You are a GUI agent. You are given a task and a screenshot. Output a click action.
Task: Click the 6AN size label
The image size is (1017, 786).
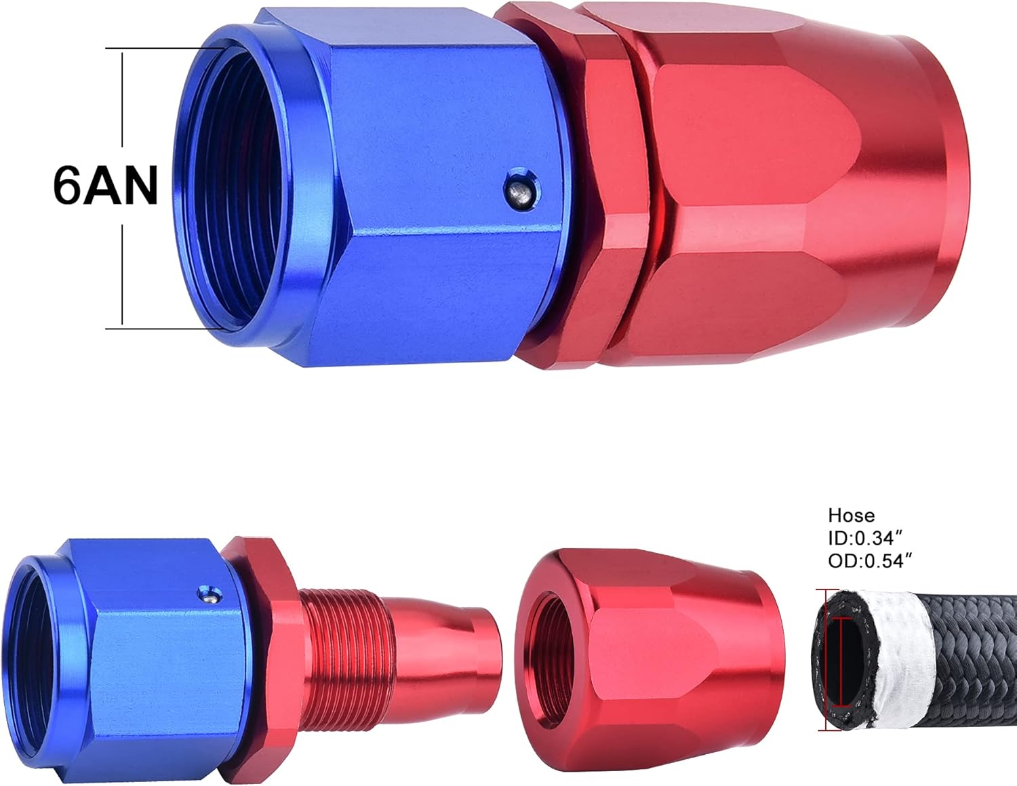[105, 186]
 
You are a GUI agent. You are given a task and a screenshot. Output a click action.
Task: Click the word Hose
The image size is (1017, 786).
[851, 516]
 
